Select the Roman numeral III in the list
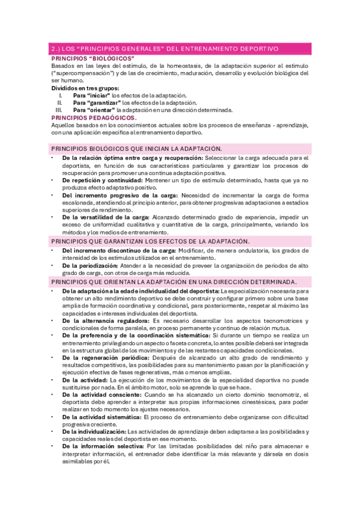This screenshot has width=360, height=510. (58, 111)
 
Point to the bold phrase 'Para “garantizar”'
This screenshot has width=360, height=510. (96, 103)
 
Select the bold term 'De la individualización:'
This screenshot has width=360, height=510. (94, 431)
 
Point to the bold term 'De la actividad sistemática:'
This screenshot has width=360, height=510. (102, 417)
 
